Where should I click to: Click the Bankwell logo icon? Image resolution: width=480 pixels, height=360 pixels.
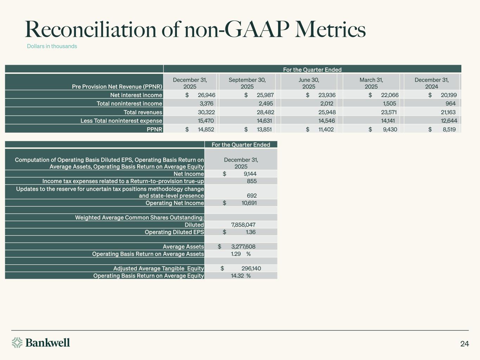pyautogui.click(x=17, y=342)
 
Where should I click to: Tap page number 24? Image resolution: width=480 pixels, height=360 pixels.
pyautogui.click(x=465, y=344)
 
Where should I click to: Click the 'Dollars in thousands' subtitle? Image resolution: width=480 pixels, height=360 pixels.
pyautogui.click(x=52, y=46)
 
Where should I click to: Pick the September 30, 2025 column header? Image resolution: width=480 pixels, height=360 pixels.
pyautogui.click(x=247, y=83)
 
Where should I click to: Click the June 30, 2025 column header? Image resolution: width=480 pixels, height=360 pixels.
pyautogui.click(x=309, y=83)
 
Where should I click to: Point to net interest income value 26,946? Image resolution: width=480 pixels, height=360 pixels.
pyautogui.click(x=206, y=95)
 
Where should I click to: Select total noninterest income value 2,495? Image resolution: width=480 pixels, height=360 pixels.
pyautogui.click(x=265, y=103)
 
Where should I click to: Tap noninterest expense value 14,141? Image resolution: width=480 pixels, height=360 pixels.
pyautogui.click(x=388, y=121)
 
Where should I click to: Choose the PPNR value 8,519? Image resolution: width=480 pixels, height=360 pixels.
pyautogui.click(x=449, y=129)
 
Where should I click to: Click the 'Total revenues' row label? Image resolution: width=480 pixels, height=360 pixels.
pyautogui.click(x=143, y=112)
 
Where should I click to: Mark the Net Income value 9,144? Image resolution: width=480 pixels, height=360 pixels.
pyautogui.click(x=250, y=174)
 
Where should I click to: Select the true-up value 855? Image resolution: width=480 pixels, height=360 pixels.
pyautogui.click(x=252, y=181)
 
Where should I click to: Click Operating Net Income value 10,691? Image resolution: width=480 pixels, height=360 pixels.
pyautogui.click(x=249, y=203)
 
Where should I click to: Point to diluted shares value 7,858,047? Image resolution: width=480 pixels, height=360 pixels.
pyautogui.click(x=243, y=225)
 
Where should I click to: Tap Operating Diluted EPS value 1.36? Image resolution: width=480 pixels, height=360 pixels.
pyautogui.click(x=251, y=232)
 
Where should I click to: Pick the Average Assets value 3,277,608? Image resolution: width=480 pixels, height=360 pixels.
pyautogui.click(x=243, y=246)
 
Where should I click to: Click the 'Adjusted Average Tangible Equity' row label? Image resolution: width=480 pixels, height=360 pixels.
pyautogui.click(x=159, y=268)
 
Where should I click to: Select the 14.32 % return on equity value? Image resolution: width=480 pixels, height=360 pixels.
pyautogui.click(x=241, y=276)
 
